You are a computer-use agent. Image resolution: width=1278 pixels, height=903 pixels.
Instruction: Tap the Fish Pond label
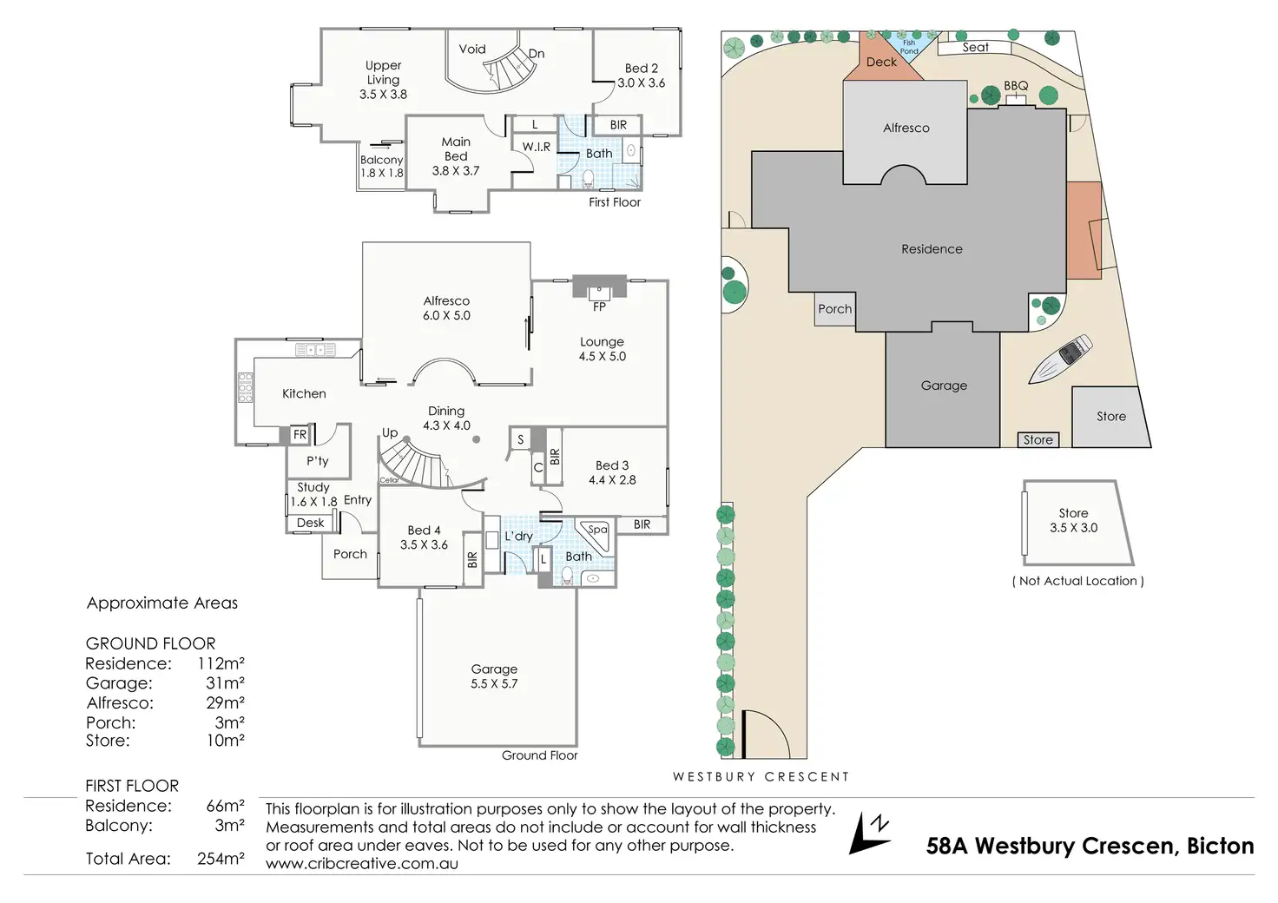(x=909, y=47)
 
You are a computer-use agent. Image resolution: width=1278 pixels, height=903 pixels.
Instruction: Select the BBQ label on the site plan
(x=1016, y=86)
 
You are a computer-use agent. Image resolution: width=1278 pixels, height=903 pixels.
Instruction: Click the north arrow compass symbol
(x=871, y=834)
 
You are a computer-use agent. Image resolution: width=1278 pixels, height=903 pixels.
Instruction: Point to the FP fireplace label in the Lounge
(x=599, y=306)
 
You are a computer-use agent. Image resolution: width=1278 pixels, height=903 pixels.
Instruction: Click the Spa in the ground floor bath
(x=597, y=530)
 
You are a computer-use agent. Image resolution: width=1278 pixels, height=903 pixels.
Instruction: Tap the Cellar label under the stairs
(x=389, y=480)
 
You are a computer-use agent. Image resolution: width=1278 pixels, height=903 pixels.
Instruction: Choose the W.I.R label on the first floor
(x=536, y=147)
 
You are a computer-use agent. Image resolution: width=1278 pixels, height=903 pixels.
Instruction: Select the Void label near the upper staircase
(x=472, y=49)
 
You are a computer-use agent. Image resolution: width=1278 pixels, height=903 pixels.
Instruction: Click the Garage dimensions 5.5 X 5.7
(x=494, y=684)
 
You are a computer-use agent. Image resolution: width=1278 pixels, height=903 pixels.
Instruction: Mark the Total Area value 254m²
(x=221, y=859)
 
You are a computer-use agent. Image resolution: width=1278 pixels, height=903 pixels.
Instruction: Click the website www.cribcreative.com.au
(x=361, y=864)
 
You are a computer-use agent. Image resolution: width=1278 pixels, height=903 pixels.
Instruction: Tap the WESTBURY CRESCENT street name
(x=761, y=777)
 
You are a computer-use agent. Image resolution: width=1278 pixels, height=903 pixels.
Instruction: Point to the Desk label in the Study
(x=310, y=523)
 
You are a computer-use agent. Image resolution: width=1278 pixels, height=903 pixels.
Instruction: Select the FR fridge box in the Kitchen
(x=300, y=434)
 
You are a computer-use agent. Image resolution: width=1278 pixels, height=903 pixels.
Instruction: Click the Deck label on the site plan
(x=881, y=62)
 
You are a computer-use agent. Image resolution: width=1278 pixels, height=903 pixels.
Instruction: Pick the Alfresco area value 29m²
(x=225, y=702)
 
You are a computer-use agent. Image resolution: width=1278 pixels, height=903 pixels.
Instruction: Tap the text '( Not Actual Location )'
(x=1077, y=581)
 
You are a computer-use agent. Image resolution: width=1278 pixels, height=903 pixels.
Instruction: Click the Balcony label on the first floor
(x=382, y=160)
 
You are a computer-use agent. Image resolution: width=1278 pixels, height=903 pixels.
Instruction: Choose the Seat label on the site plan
(x=975, y=48)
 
